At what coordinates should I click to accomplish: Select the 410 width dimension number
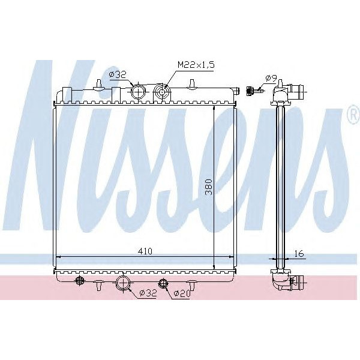(145, 251)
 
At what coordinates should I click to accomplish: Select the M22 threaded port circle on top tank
(161, 92)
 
